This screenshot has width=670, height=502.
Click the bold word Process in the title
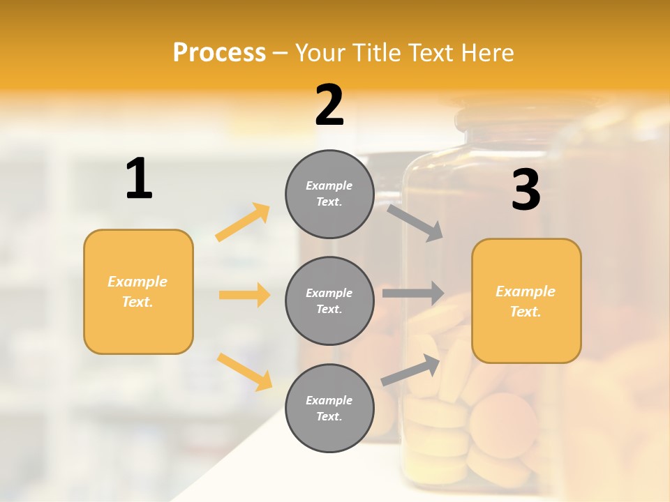(x=219, y=52)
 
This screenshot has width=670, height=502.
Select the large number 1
(x=139, y=179)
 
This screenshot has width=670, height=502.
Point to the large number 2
(x=329, y=105)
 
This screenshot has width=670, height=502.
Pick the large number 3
(x=526, y=190)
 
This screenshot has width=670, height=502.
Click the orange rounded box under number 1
(x=138, y=291)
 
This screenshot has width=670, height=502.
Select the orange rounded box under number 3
(x=526, y=301)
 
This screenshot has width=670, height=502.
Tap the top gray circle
(x=329, y=194)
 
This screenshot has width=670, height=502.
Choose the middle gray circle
(x=329, y=301)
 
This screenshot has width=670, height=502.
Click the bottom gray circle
(x=329, y=408)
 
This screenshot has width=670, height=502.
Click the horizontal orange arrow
(x=244, y=295)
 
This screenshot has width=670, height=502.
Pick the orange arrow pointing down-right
(x=245, y=372)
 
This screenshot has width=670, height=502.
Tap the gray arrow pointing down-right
(x=415, y=222)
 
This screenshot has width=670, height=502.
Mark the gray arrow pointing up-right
(x=411, y=370)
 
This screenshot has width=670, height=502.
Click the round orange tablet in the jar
(x=503, y=425)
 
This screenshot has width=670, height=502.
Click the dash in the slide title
(x=281, y=53)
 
